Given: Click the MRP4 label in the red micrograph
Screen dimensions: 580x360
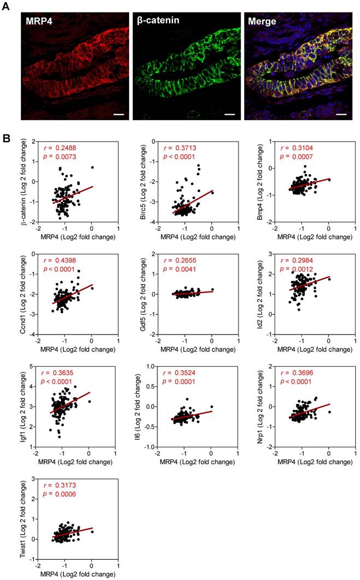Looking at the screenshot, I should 40,22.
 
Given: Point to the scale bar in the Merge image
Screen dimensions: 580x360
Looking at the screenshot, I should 342,115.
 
